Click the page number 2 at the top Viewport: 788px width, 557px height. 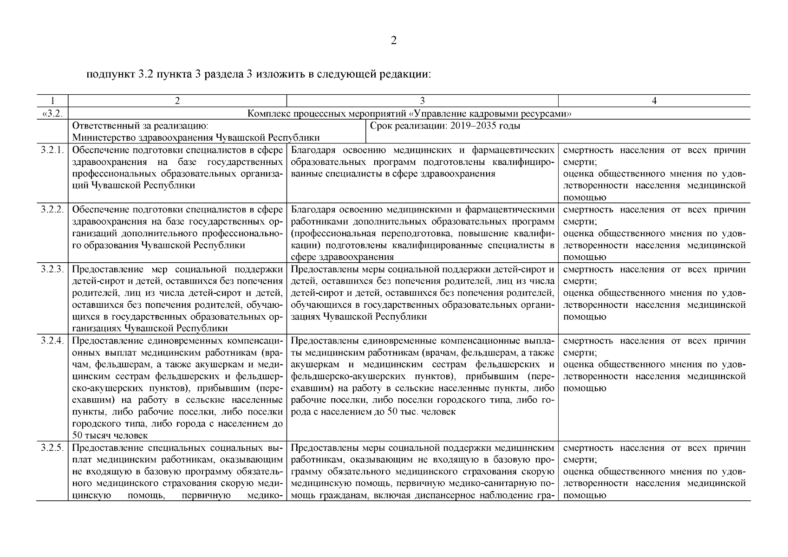coord(394,41)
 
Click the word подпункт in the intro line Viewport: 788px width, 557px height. coord(110,74)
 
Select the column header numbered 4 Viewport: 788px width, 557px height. coord(654,101)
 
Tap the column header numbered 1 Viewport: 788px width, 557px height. coord(52,101)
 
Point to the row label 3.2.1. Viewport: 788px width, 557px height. coord(52,150)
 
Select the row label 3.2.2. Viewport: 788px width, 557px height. coord(52,209)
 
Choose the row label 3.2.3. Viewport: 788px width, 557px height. coord(52,269)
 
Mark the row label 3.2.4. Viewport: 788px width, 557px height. coord(52,341)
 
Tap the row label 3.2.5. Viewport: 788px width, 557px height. coord(52,448)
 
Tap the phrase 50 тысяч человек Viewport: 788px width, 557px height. coord(111,436)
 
